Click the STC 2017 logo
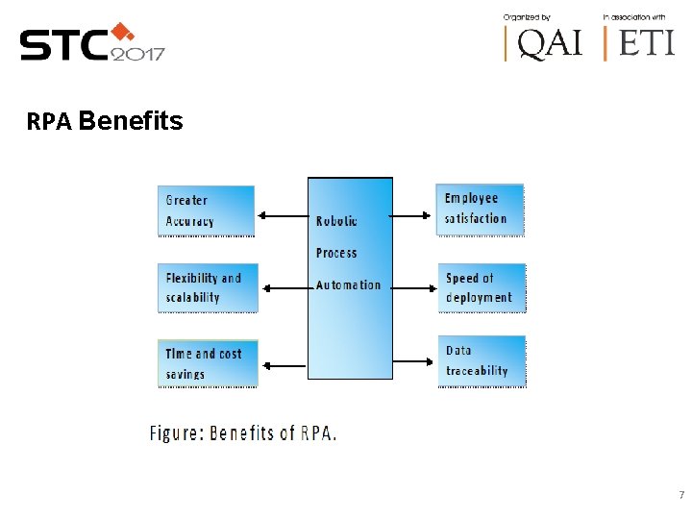92,43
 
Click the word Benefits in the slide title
131,121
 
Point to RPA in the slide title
50,122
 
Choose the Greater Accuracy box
206,210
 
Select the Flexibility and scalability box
207,287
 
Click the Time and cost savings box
208,362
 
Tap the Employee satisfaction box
480,209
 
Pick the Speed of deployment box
482,287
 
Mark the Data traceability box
482,360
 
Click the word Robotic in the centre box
336,221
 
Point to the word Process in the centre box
336,253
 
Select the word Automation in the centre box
348,284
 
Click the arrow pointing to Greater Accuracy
281,216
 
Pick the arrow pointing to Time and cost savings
283,364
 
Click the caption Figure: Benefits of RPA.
243,432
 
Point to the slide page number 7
680,496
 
